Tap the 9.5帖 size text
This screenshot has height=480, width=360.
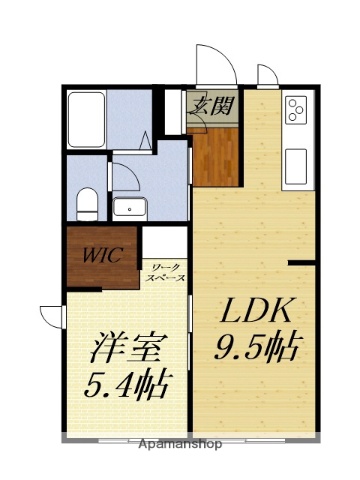point(258,349)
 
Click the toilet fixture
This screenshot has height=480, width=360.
point(86,203)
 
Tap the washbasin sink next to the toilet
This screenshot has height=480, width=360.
point(130,208)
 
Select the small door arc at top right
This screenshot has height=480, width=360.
point(267,76)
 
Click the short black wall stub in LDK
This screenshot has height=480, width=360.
point(300,263)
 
